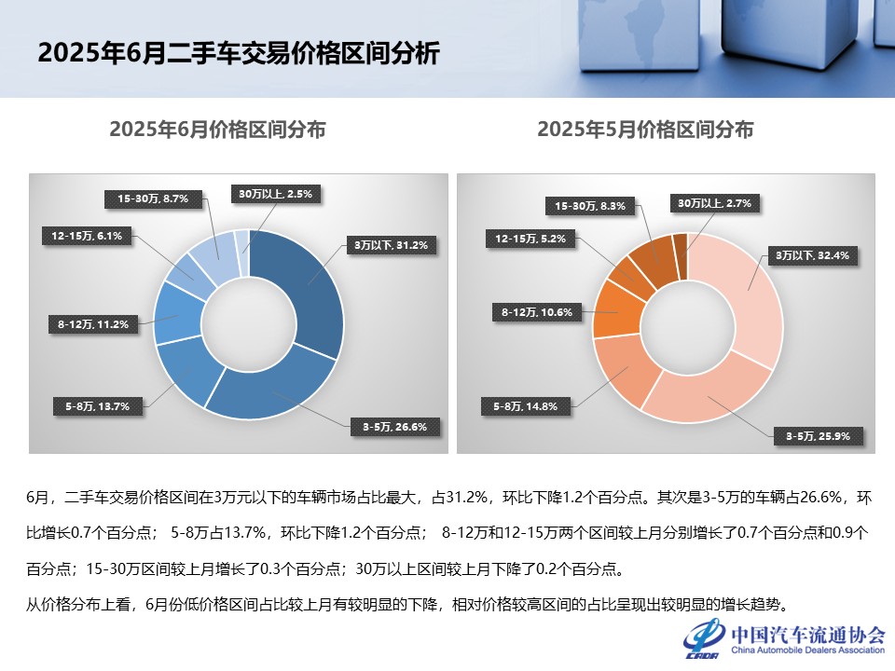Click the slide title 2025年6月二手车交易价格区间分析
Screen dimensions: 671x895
tap(238, 53)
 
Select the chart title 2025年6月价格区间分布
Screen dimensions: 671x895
tap(217, 130)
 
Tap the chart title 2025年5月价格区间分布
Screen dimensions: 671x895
tap(645, 130)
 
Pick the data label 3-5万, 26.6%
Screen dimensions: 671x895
tap(394, 427)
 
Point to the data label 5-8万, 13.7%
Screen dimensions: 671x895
tap(97, 405)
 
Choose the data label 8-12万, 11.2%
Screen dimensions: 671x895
tap(92, 324)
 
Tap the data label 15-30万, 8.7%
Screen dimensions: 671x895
tap(153, 199)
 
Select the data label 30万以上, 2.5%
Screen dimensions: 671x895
tap(277, 194)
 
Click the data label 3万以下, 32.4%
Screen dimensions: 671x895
tap(813, 254)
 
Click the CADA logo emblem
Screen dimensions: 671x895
tap(703, 641)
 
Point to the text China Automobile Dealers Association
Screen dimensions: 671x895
tap(807, 651)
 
